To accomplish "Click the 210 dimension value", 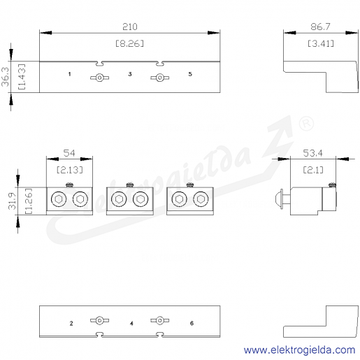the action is pyautogui.click(x=130, y=27).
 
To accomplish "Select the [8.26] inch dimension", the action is pyautogui.click(x=130, y=43).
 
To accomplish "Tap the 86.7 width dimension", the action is pyautogui.click(x=320, y=27).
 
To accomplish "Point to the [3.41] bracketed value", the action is pyautogui.click(x=321, y=43).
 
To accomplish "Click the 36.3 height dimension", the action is pyautogui.click(x=5, y=77).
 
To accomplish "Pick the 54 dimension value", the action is pyautogui.click(x=69, y=153).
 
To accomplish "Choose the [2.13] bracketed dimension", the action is pyautogui.click(x=70, y=170).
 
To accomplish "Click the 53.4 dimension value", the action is pyautogui.click(x=312, y=153).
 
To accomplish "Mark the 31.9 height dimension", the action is pyautogui.click(x=12, y=201).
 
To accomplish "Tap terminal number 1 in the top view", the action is pyautogui.click(x=69, y=74).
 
